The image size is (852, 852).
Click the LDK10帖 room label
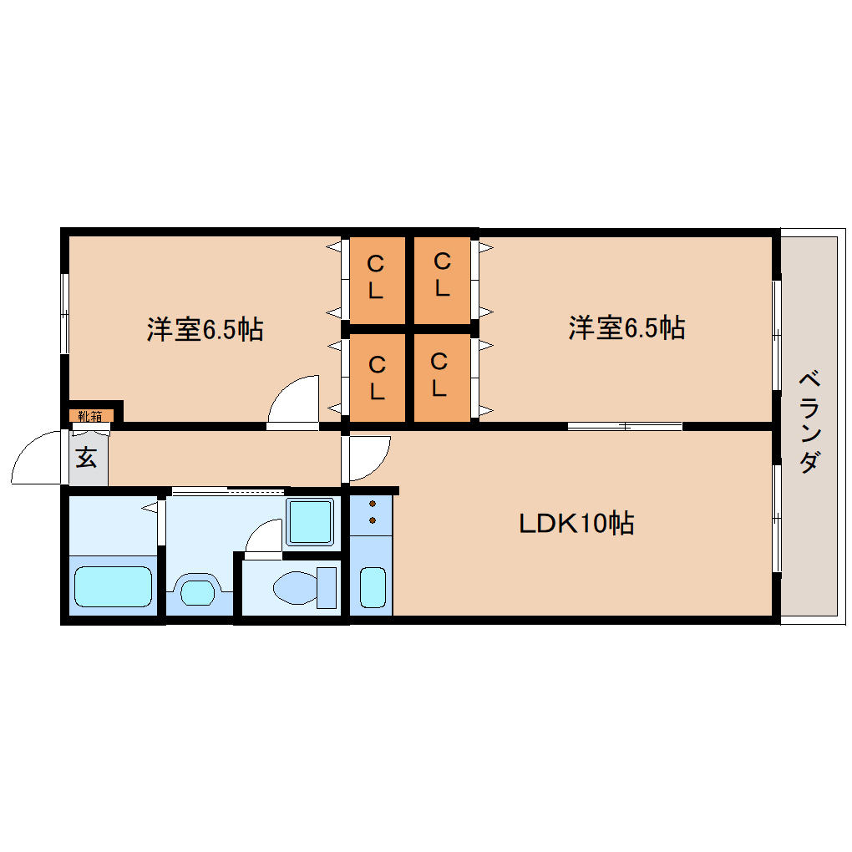tap(576, 523)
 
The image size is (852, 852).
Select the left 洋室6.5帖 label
tap(205, 329)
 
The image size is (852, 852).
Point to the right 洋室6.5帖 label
tap(626, 327)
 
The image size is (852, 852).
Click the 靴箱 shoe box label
tap(90, 416)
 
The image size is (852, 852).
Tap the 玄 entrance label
tap(86, 458)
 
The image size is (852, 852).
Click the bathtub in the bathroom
tap(113, 586)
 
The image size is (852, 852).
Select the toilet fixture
tap(305, 587)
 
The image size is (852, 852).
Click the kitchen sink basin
tap(373, 587)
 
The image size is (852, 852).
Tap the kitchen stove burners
tap(373, 512)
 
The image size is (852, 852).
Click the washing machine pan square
tap(310, 521)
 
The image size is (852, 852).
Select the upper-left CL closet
tap(377, 279)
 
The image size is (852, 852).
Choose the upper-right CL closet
tap(443, 279)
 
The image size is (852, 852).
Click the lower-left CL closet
tap(377, 377)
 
